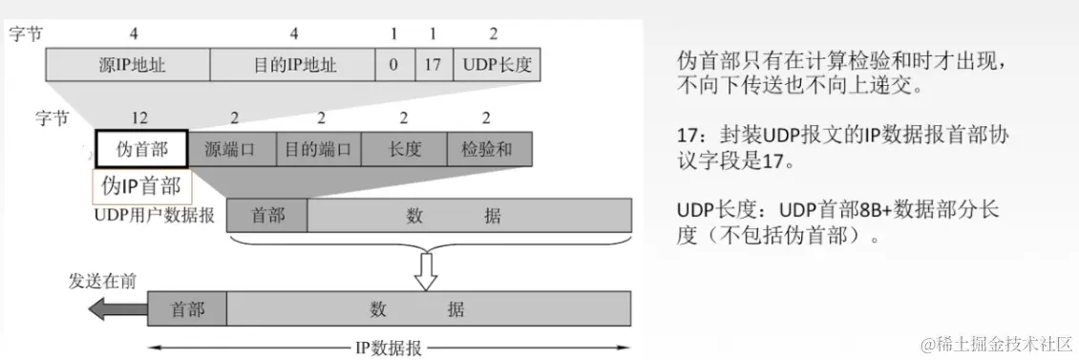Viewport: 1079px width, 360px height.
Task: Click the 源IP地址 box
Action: (128, 66)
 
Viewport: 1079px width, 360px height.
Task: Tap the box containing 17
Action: (434, 66)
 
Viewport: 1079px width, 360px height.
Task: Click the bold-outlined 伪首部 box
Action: (141, 149)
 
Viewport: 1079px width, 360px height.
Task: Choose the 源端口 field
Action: (231, 149)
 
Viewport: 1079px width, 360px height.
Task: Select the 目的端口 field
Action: (318, 149)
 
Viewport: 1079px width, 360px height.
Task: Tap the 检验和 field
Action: (488, 149)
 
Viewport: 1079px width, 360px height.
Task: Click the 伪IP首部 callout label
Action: (140, 185)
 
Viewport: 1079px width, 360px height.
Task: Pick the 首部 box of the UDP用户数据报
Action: (267, 215)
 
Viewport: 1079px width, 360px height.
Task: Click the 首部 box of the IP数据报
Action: (188, 308)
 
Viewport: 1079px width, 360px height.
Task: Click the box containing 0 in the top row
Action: (393, 66)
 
